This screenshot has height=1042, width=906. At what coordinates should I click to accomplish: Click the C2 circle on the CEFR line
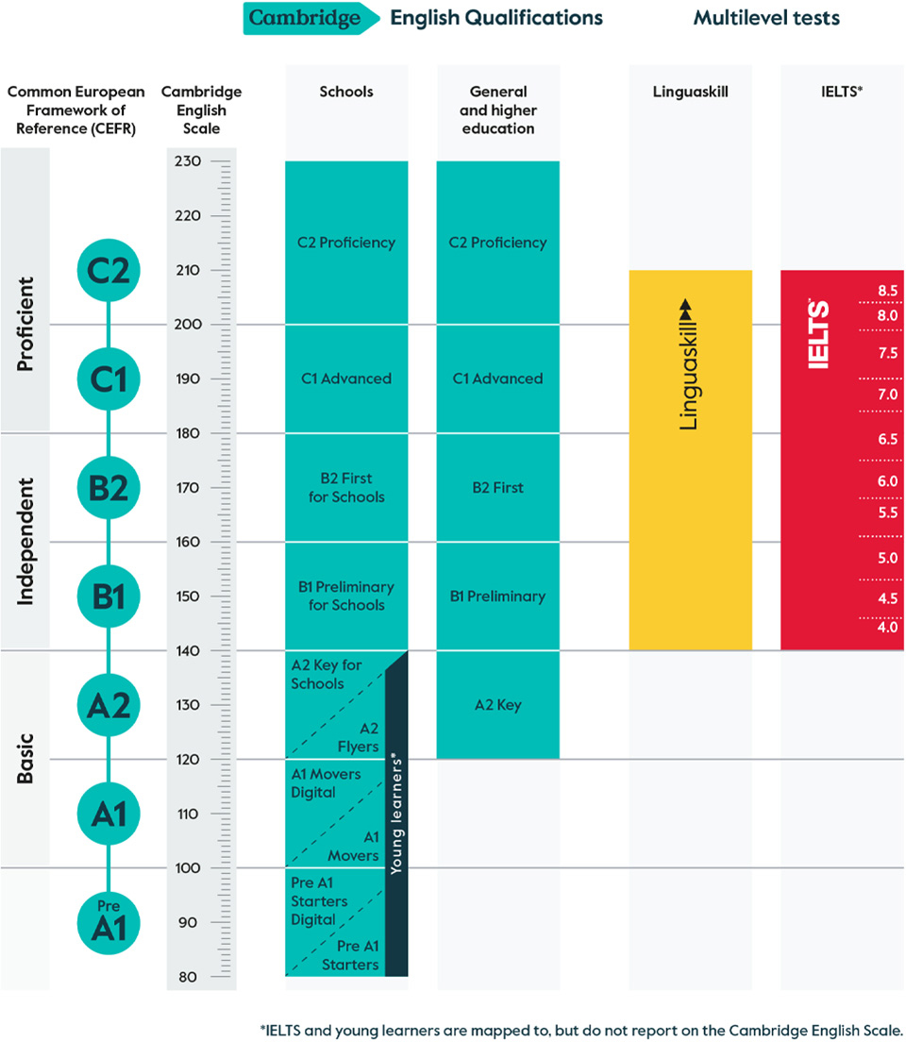(x=109, y=270)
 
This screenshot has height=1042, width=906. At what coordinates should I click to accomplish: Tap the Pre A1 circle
(x=109, y=922)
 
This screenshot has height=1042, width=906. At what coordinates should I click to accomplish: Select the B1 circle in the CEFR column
(x=109, y=597)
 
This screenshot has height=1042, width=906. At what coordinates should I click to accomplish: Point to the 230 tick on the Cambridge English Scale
(x=188, y=162)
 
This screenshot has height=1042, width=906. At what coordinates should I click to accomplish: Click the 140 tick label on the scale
(x=188, y=650)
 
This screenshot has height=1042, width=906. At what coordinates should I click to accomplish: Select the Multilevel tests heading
(x=766, y=18)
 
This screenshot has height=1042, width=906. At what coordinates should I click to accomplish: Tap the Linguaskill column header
(x=690, y=92)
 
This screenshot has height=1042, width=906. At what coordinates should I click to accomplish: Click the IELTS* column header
(x=842, y=92)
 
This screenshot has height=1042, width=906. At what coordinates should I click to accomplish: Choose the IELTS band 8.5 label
(x=887, y=291)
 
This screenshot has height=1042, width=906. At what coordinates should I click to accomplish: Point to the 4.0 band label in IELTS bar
(x=887, y=627)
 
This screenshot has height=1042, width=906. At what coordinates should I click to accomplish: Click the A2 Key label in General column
(x=497, y=705)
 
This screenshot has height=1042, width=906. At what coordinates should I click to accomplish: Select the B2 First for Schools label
(x=346, y=488)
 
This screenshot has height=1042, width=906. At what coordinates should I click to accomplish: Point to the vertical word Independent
(x=25, y=541)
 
